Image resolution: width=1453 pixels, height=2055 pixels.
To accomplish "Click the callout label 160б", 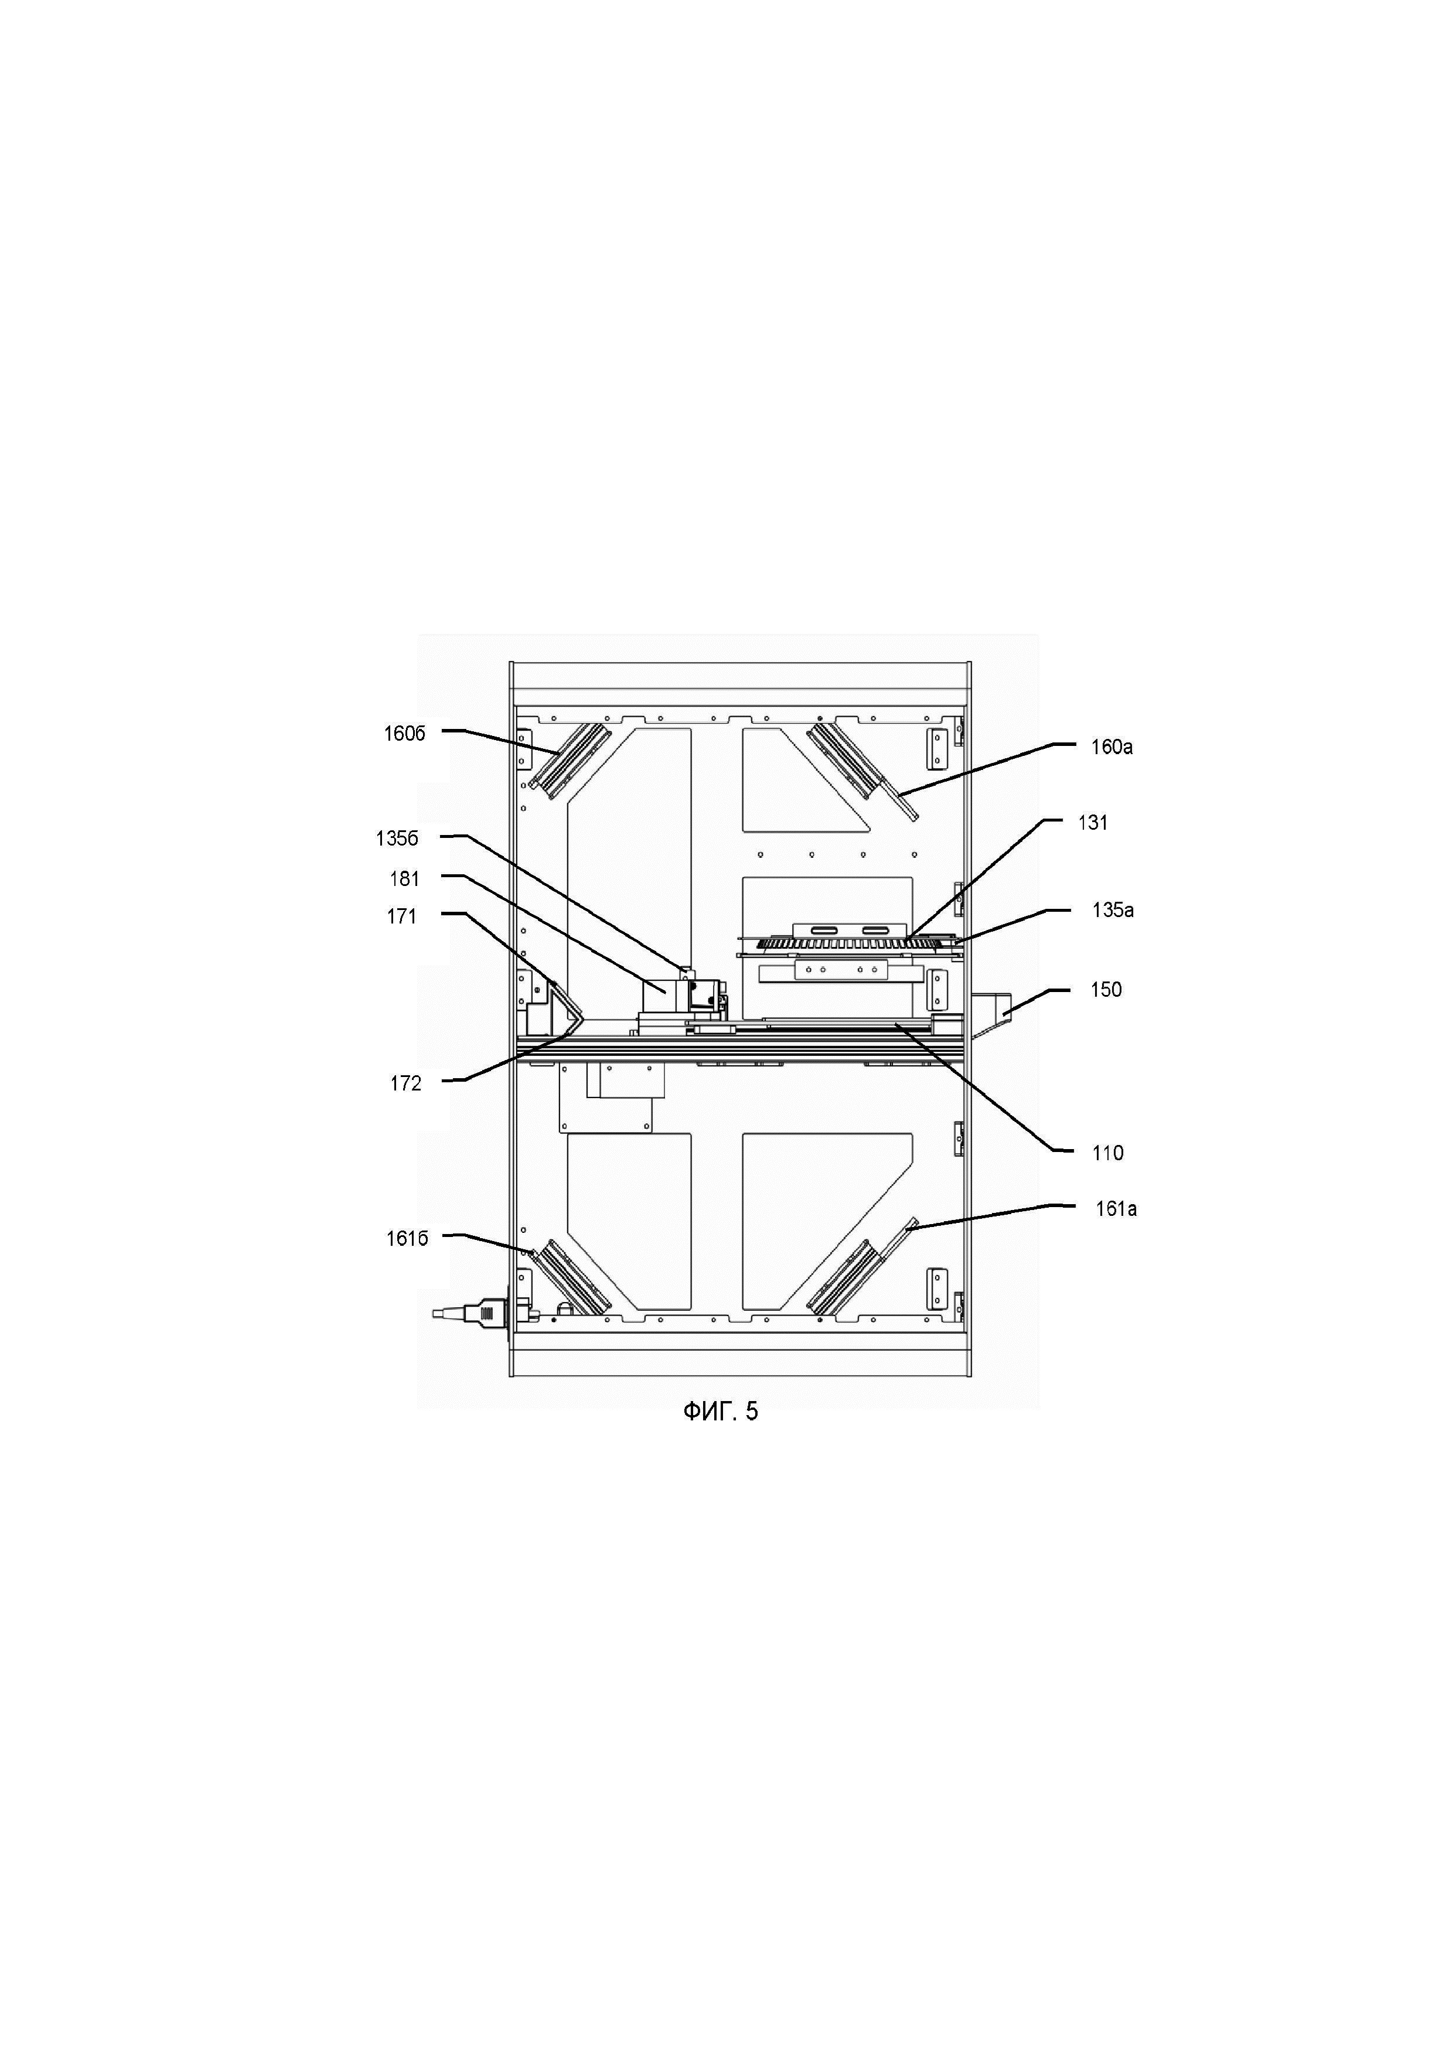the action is click(404, 734).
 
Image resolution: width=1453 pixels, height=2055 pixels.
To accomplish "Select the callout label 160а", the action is click(1111, 747).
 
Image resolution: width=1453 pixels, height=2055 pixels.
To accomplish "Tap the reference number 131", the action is click(1093, 823).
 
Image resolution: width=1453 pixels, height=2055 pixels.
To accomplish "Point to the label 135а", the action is click(1112, 910).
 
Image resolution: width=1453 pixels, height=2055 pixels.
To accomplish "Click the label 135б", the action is click(397, 839).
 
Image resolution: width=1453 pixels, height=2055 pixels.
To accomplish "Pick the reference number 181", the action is click(404, 879).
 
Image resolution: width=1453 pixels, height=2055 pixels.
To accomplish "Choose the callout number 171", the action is click(402, 916).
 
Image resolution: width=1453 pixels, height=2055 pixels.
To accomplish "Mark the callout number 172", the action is click(405, 1084).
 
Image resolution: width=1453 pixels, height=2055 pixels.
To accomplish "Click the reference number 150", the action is click(1106, 990).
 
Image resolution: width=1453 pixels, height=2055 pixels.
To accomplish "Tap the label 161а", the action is click(1116, 1209).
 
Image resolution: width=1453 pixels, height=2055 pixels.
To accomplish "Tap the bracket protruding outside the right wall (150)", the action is click(992, 1011).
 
